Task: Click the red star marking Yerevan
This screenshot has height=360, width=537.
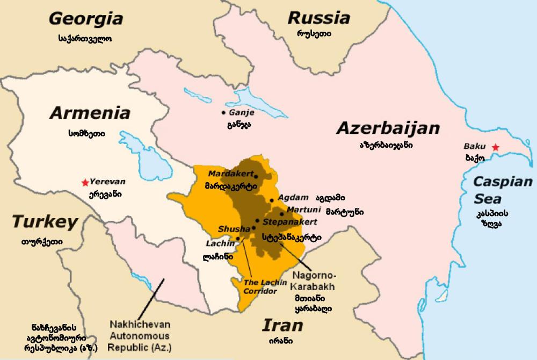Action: point(84,183)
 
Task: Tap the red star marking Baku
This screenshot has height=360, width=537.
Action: point(496,147)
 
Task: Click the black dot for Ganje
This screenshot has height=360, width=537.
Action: point(223,113)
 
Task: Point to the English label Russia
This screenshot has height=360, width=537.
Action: point(319,17)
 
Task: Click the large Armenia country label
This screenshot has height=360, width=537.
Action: point(90,113)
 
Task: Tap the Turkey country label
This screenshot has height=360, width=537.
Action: point(45,221)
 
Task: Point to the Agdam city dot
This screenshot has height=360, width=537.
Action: point(272,200)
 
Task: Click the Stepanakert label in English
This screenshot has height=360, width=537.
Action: point(289,221)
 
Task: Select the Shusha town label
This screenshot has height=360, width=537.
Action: point(234,229)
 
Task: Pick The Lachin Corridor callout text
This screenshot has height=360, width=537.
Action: point(260,286)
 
